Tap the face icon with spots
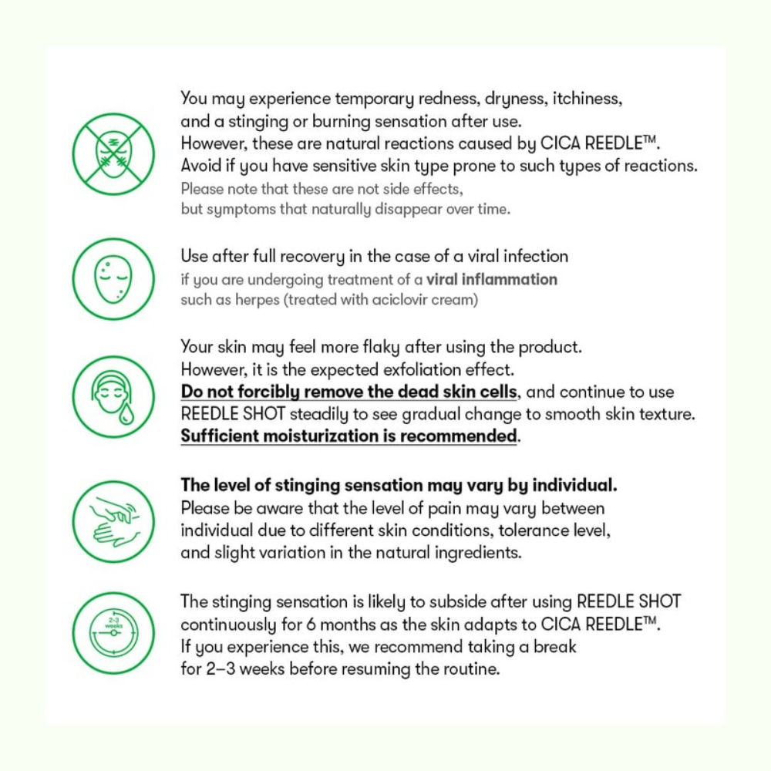point(113,278)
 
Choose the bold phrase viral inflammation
point(491,278)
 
